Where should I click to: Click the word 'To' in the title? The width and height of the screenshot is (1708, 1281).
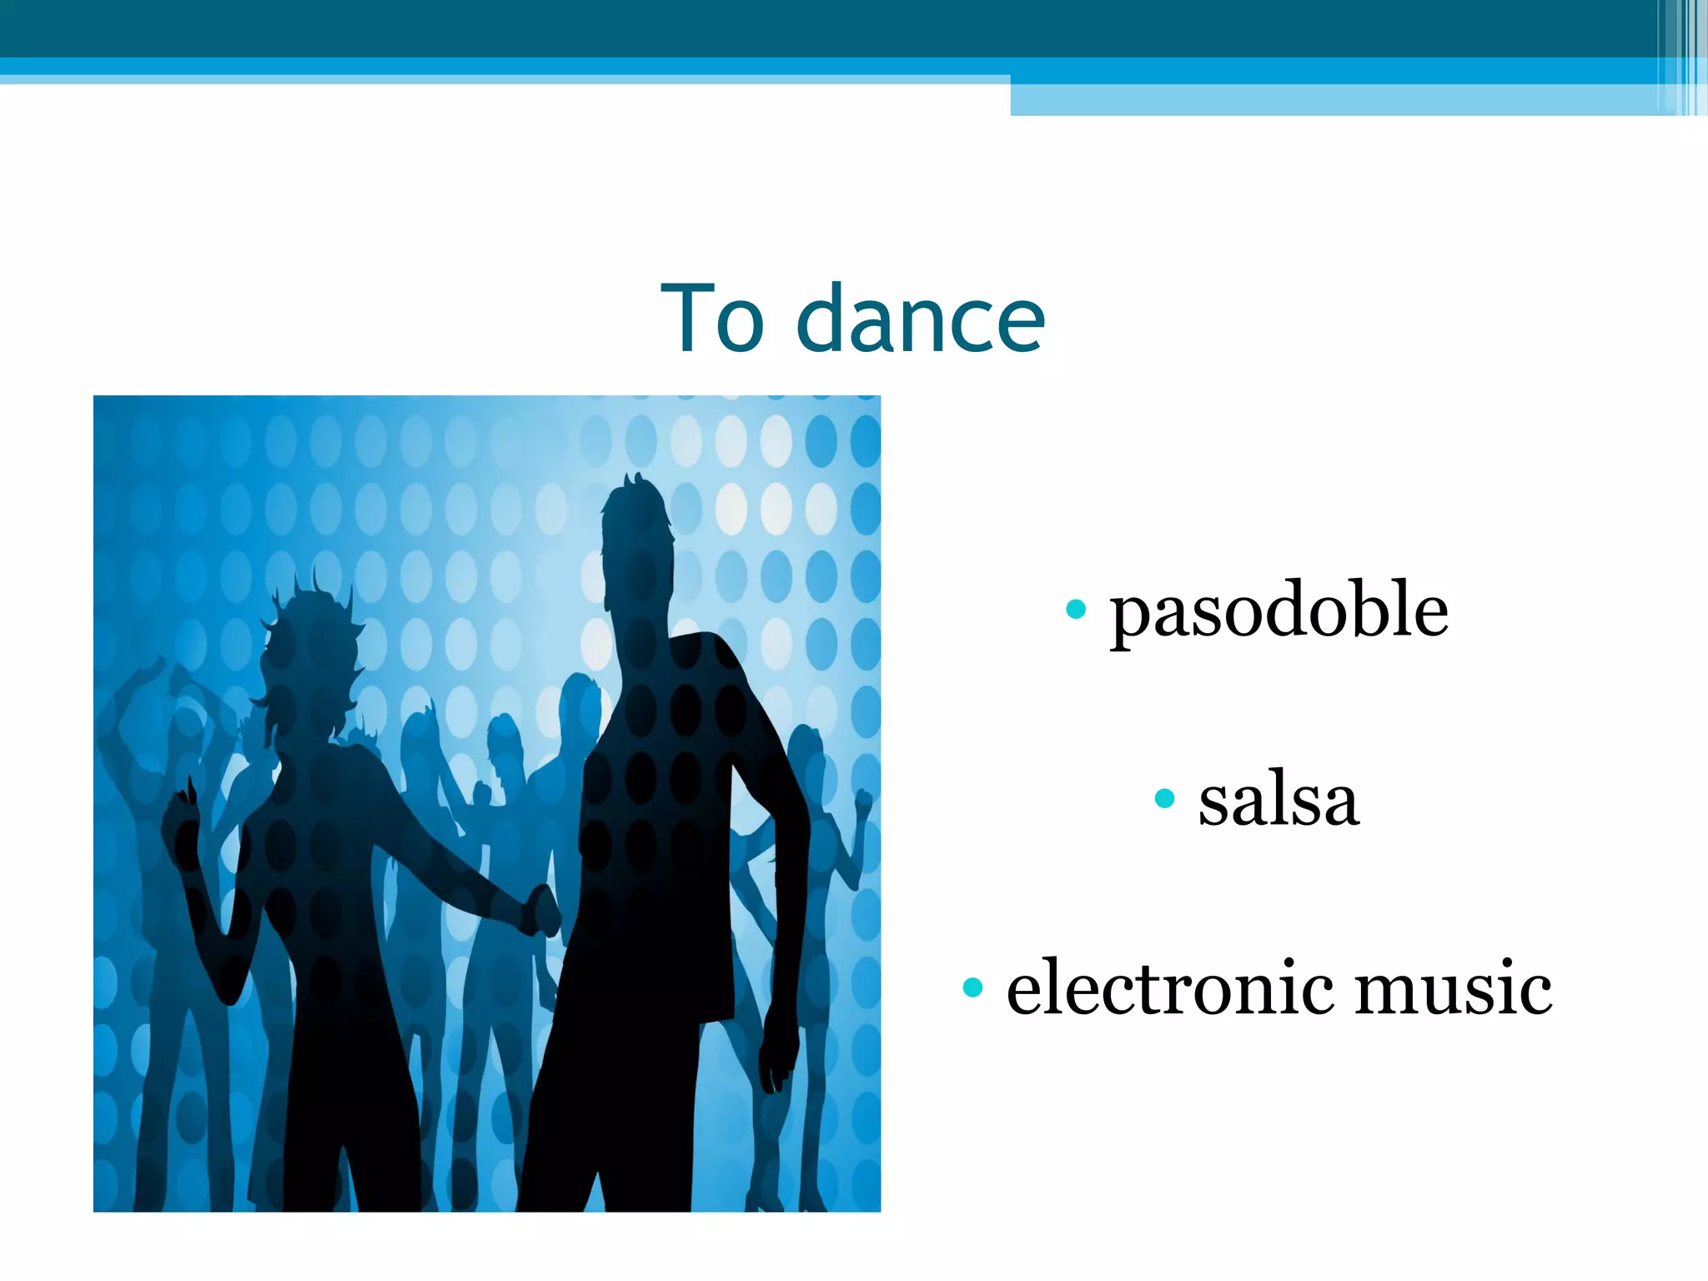[x=711, y=319]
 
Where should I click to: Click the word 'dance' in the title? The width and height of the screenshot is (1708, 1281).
[x=921, y=319]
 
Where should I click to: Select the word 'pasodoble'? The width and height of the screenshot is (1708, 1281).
[x=1278, y=610]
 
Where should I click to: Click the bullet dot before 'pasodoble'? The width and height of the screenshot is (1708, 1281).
[x=1076, y=609]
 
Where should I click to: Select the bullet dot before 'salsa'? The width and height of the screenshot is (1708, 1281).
[x=1164, y=799]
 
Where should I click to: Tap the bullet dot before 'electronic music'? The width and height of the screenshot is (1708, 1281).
[x=972, y=988]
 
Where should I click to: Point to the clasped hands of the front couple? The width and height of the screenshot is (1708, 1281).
[x=542, y=909]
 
